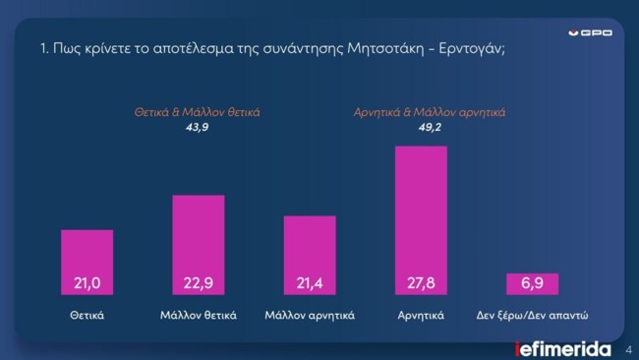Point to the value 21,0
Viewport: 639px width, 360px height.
pyautogui.click(x=87, y=284)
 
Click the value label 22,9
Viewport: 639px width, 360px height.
pyautogui.click(x=198, y=284)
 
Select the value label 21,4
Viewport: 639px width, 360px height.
pyautogui.click(x=310, y=284)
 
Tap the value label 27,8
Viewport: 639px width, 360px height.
pyautogui.click(x=421, y=284)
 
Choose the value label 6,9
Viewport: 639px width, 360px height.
pyautogui.click(x=532, y=284)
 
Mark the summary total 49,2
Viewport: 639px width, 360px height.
pyautogui.click(x=429, y=127)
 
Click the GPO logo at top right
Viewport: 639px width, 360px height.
pyautogui.click(x=592, y=32)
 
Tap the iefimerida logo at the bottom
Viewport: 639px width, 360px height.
pyautogui.click(x=563, y=348)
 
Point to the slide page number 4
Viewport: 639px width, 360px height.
pyautogui.click(x=627, y=348)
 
